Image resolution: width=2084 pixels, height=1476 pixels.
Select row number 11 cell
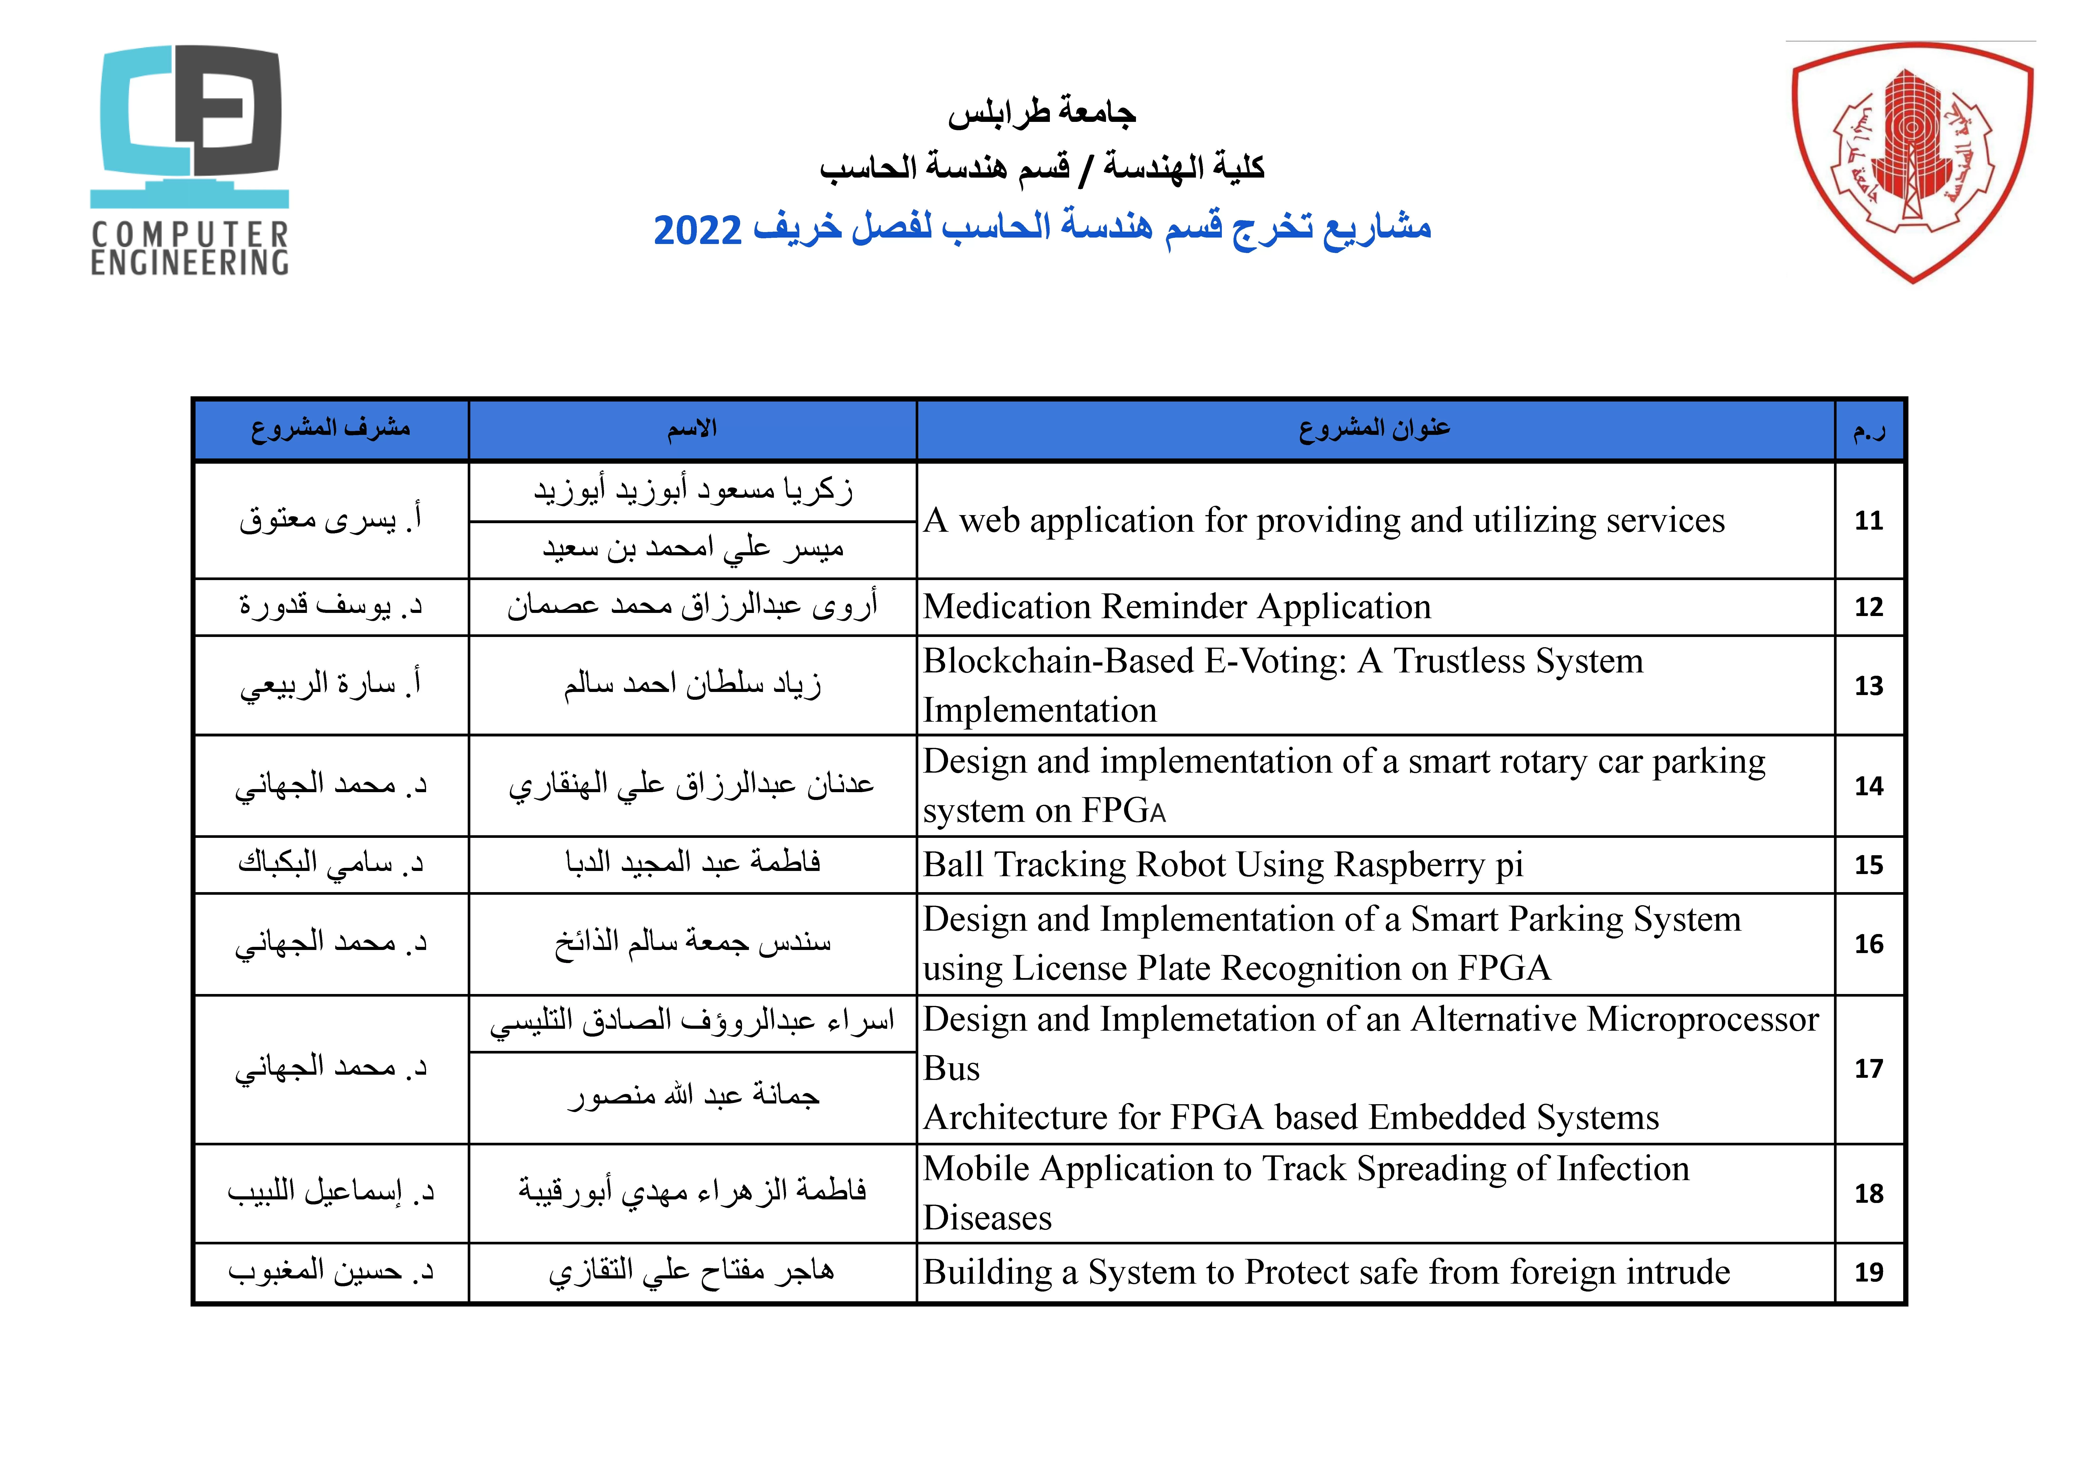click(x=1869, y=521)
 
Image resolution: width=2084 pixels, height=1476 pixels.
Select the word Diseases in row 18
click(x=987, y=1218)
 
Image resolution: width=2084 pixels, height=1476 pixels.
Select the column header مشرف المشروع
click(x=331, y=429)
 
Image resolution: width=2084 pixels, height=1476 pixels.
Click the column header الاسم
click(x=692, y=429)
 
